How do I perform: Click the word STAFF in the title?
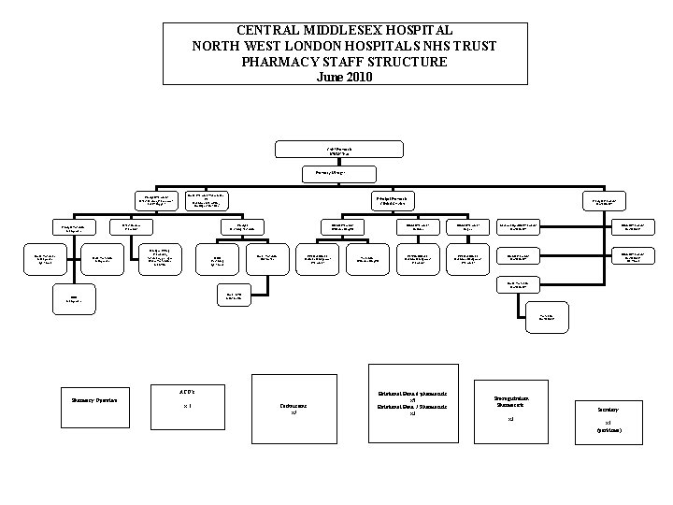(x=336, y=62)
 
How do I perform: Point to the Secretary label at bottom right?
(x=608, y=410)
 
